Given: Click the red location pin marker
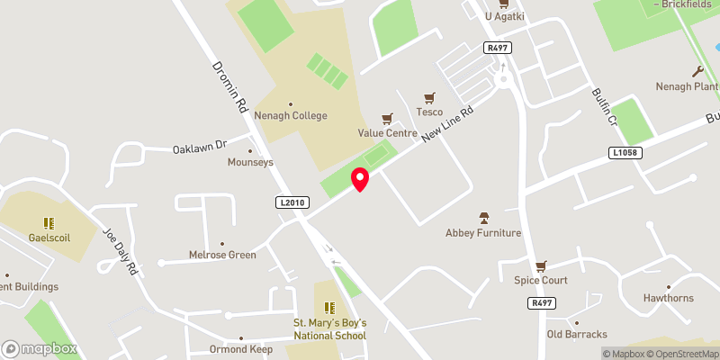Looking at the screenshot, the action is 360,178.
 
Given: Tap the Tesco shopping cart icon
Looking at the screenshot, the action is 429,97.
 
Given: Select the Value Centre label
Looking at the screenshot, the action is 387,133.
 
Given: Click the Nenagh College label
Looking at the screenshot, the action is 290,115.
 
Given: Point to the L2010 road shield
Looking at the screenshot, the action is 288,204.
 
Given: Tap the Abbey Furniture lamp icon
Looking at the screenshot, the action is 483,217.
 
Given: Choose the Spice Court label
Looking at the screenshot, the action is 541,280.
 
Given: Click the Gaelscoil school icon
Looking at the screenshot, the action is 49,222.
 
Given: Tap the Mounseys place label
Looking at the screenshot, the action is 250,162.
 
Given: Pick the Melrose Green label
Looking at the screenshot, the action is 222,255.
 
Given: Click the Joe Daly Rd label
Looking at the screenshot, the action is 120,250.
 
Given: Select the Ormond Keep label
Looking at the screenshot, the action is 241,348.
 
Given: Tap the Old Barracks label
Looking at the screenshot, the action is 577,334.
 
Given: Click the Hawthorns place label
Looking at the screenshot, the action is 667,298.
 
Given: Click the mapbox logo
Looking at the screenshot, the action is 40,348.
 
